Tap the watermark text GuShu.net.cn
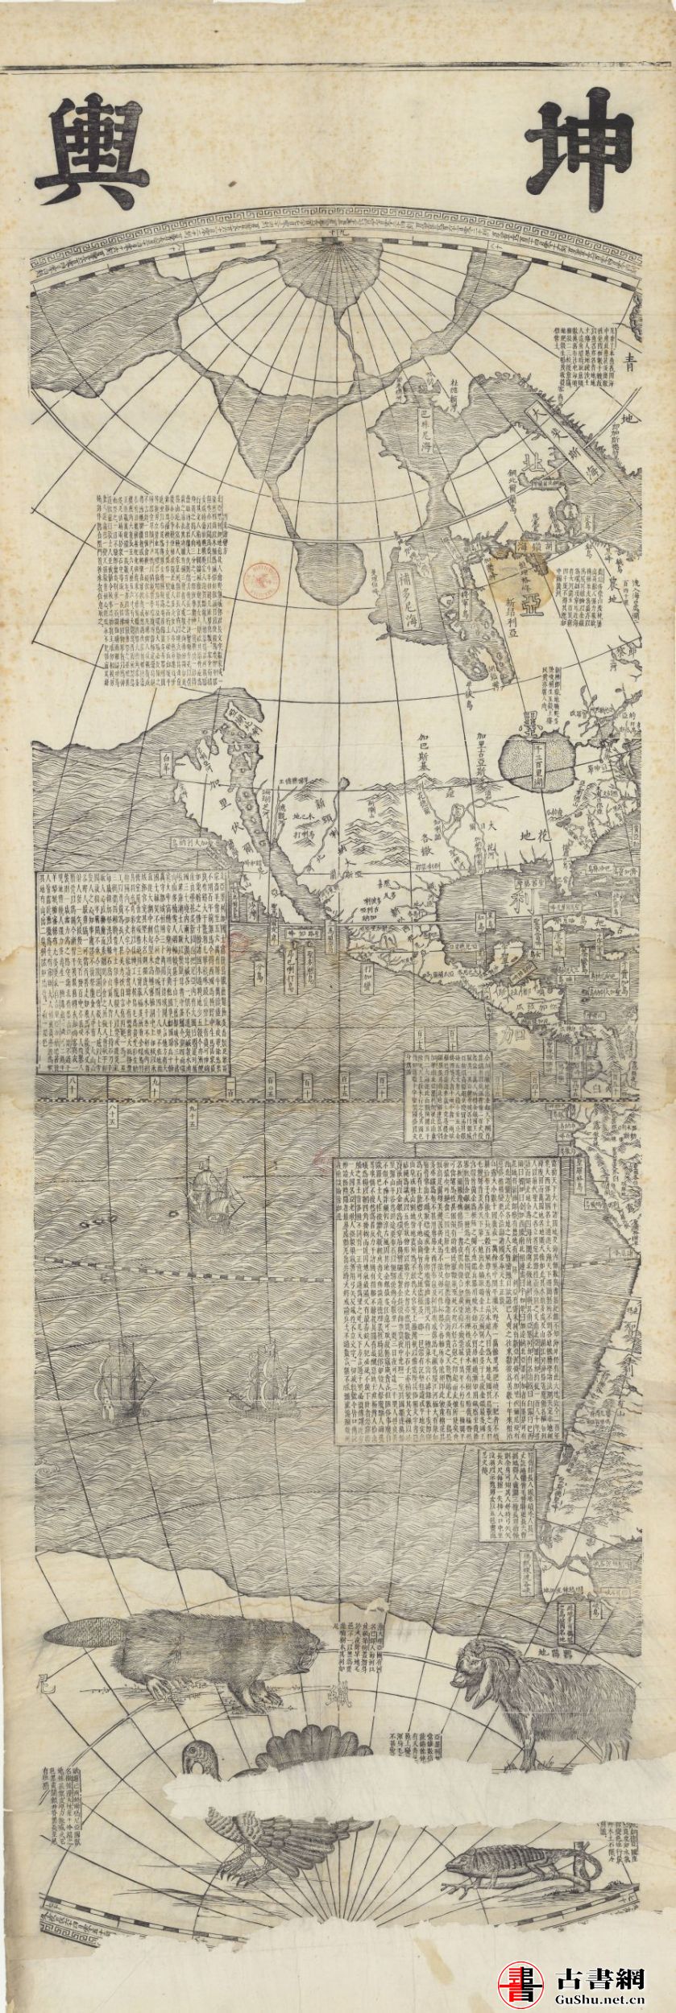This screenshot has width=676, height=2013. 603,1994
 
